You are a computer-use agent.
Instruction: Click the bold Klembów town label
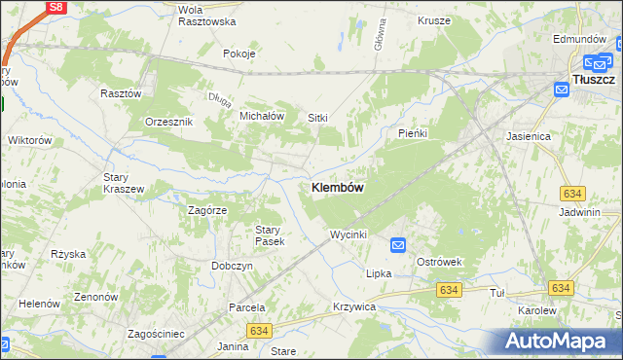coord(338,188)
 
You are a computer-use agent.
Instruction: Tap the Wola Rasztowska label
coord(206,15)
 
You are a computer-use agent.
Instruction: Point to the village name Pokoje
coord(238,54)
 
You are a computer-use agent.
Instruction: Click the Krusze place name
coord(433,19)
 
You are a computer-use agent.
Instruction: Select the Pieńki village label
coord(414,132)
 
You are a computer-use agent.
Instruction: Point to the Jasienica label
coord(529,137)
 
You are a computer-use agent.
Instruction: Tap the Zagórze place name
coord(206,209)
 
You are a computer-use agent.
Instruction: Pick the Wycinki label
coord(348,234)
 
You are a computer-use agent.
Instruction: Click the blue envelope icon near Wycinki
coord(398,244)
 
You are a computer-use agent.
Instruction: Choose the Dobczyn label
coord(232,266)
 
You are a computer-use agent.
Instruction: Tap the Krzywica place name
coord(353,306)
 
